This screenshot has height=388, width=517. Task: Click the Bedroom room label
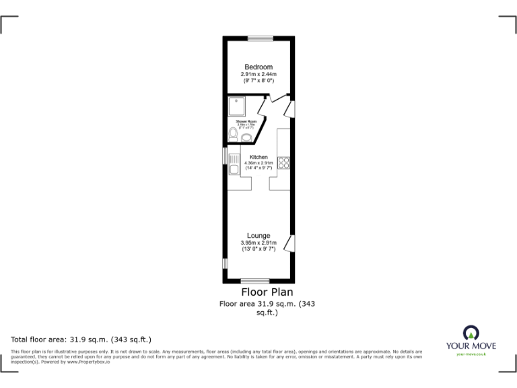point(258,67)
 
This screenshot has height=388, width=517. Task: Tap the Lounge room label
point(258,236)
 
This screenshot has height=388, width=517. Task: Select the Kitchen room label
point(258,157)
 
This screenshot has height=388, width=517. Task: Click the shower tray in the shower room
point(237,106)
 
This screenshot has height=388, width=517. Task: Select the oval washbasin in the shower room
point(247,138)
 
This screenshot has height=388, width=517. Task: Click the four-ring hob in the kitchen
point(284,162)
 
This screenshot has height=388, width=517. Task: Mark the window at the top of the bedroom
point(259,38)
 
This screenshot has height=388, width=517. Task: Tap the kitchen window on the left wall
point(225,155)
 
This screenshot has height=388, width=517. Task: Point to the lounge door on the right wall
point(289,244)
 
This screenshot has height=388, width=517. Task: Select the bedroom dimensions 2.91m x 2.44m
point(258,74)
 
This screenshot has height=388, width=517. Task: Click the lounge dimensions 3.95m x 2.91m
point(258,243)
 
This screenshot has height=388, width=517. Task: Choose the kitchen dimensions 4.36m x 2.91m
point(258,163)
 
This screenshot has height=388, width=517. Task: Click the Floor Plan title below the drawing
point(267,292)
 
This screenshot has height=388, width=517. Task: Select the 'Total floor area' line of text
point(81,339)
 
